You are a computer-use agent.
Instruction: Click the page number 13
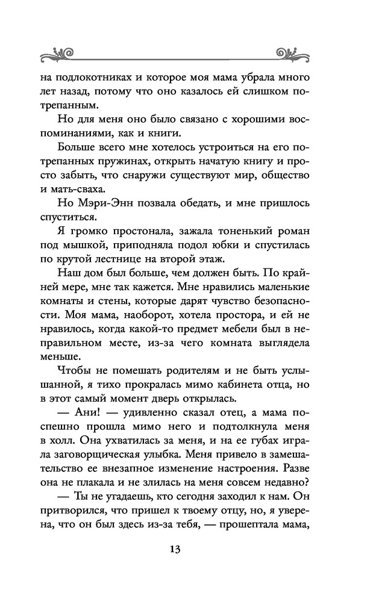[175, 550]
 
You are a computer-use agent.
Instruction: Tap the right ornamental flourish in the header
[295, 52]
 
